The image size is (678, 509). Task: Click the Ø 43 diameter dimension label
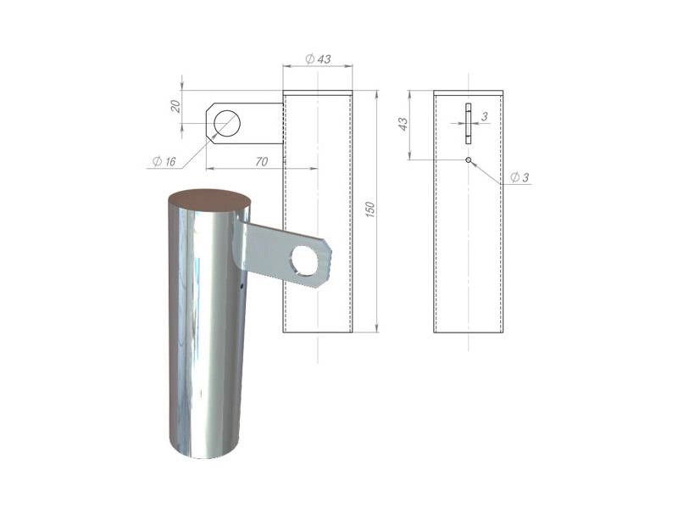coord(318,59)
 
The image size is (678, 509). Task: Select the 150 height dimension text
coord(370,209)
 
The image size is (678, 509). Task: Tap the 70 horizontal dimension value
coord(262,161)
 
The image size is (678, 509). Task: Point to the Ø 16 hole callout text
coord(164,161)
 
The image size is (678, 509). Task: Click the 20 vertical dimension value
coord(175,106)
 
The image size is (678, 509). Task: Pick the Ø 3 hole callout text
coord(520,177)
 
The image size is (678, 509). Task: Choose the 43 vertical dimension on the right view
coord(403,124)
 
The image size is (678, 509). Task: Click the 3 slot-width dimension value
coord(484,116)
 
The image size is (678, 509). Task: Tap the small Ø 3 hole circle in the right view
coord(469,160)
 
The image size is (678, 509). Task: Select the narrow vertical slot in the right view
coord(469,123)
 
